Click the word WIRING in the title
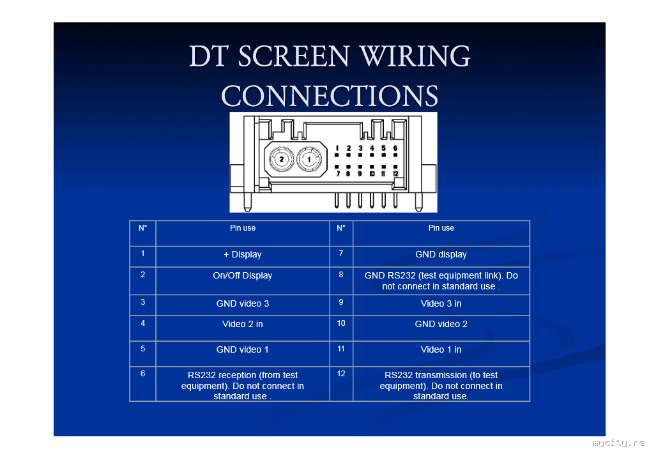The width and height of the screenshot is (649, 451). click(415, 57)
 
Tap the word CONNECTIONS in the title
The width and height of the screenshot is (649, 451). click(330, 96)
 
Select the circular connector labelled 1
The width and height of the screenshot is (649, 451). click(309, 158)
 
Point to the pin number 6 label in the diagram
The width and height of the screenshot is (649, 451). click(395, 148)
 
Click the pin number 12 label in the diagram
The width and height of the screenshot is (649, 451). click(395, 174)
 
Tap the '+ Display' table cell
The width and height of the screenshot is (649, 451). click(243, 255)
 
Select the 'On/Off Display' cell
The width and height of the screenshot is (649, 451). click(243, 276)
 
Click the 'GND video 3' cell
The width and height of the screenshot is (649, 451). click(243, 303)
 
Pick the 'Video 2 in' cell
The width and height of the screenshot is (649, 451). click(243, 325)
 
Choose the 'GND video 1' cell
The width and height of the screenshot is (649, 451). click(243, 350)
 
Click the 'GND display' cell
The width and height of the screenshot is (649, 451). click(441, 255)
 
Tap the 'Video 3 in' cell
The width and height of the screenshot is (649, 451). click(441, 303)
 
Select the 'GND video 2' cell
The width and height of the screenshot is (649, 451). click(441, 325)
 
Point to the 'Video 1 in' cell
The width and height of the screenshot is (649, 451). click(441, 350)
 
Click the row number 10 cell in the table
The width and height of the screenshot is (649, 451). click(341, 323)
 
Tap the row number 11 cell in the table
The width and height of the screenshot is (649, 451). click(341, 349)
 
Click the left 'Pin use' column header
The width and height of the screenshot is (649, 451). click(243, 228)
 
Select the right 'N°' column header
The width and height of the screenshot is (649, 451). click(341, 227)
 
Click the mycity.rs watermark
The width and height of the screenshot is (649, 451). click(618, 443)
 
